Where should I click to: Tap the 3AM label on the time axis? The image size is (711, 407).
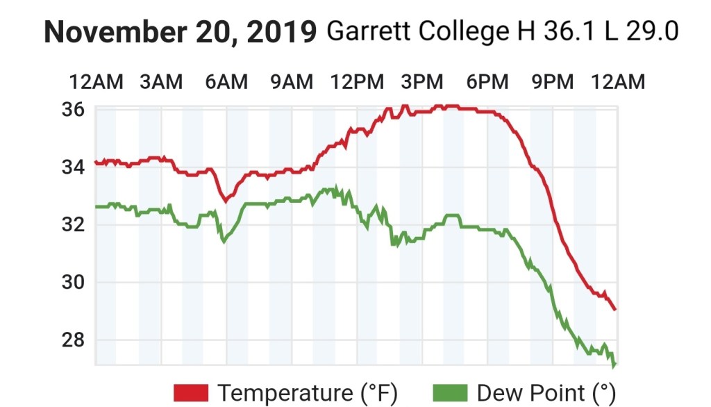click(161, 82)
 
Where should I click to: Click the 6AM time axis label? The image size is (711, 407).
click(226, 82)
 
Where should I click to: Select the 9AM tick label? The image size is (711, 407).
click(292, 82)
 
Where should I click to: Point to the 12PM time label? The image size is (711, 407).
click(357, 82)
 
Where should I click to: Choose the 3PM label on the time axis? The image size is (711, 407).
click(422, 82)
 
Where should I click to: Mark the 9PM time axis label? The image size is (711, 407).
click(553, 82)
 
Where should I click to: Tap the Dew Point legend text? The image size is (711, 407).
click(546, 393)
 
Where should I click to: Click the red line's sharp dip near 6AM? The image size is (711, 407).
click(224, 201)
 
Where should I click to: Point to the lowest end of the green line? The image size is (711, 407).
click(614, 365)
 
